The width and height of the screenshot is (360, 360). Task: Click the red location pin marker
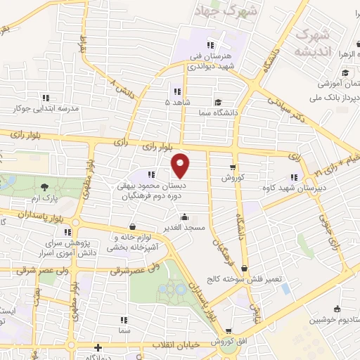pyautogui.click(x=181, y=165)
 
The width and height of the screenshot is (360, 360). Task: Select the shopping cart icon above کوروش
pyautogui.click(x=232, y=167)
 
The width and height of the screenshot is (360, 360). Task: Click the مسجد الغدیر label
pyautogui.click(x=184, y=227)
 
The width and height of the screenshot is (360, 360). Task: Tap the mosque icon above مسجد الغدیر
pyautogui.click(x=184, y=217)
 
